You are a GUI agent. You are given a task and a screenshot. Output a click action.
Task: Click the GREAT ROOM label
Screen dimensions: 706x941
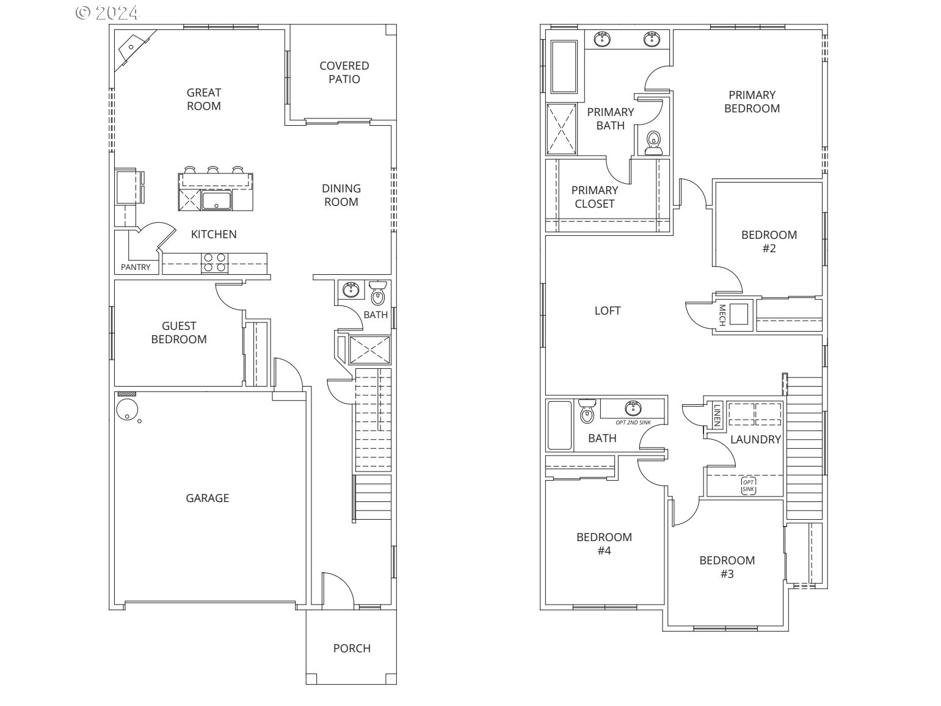click(203, 99)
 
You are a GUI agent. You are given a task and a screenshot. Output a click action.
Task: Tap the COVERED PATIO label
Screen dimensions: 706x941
click(344, 72)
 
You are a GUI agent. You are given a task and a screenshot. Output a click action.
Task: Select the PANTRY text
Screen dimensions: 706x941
click(135, 267)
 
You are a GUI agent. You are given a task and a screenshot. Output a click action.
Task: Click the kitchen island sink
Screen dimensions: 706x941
click(217, 200)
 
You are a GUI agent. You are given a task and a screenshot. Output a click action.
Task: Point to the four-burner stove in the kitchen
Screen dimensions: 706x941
click(214, 263)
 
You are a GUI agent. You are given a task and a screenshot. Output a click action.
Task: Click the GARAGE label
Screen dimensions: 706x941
click(207, 498)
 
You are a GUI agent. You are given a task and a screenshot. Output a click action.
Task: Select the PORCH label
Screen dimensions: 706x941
click(352, 649)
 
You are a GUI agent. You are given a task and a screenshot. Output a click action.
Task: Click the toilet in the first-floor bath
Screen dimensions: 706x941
click(378, 294)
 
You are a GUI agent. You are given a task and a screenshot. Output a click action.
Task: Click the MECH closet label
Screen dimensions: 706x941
click(722, 315)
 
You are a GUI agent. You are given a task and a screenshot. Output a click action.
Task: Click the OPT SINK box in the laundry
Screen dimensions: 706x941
click(749, 486)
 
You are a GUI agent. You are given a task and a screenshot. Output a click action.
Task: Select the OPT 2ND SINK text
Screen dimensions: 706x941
click(633, 422)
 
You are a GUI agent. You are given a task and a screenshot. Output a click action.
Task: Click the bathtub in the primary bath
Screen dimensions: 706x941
click(564, 67)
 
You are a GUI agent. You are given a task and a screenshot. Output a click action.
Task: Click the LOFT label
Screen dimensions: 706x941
click(607, 311)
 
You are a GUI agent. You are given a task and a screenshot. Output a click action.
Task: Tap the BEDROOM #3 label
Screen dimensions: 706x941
click(727, 567)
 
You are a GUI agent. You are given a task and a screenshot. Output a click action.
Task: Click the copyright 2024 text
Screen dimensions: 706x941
click(107, 12)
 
